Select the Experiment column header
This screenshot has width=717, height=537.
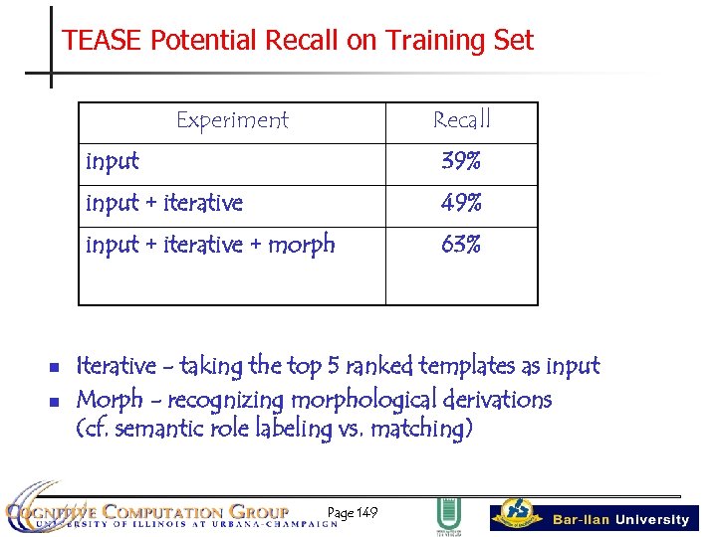232,120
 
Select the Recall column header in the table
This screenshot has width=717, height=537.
462,120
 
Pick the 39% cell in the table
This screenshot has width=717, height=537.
462,161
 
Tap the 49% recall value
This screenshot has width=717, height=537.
462,203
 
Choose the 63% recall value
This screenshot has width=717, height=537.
462,245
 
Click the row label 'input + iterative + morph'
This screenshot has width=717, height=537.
210,245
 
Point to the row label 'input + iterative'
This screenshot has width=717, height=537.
164,203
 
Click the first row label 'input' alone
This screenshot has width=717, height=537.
113,161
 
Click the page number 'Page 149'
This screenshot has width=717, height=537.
353,513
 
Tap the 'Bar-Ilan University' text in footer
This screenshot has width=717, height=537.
620,519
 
